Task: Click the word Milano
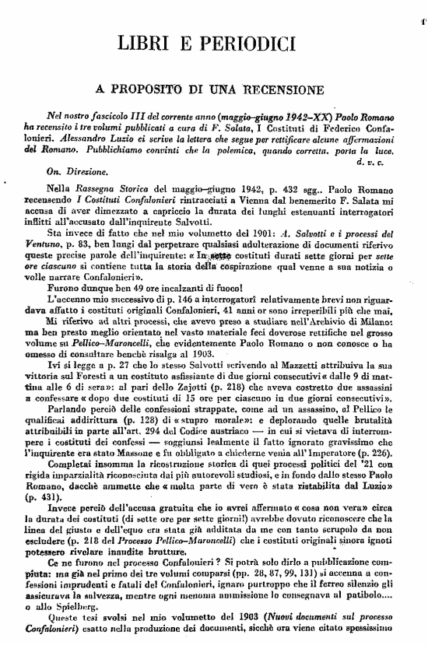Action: click(384, 320)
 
